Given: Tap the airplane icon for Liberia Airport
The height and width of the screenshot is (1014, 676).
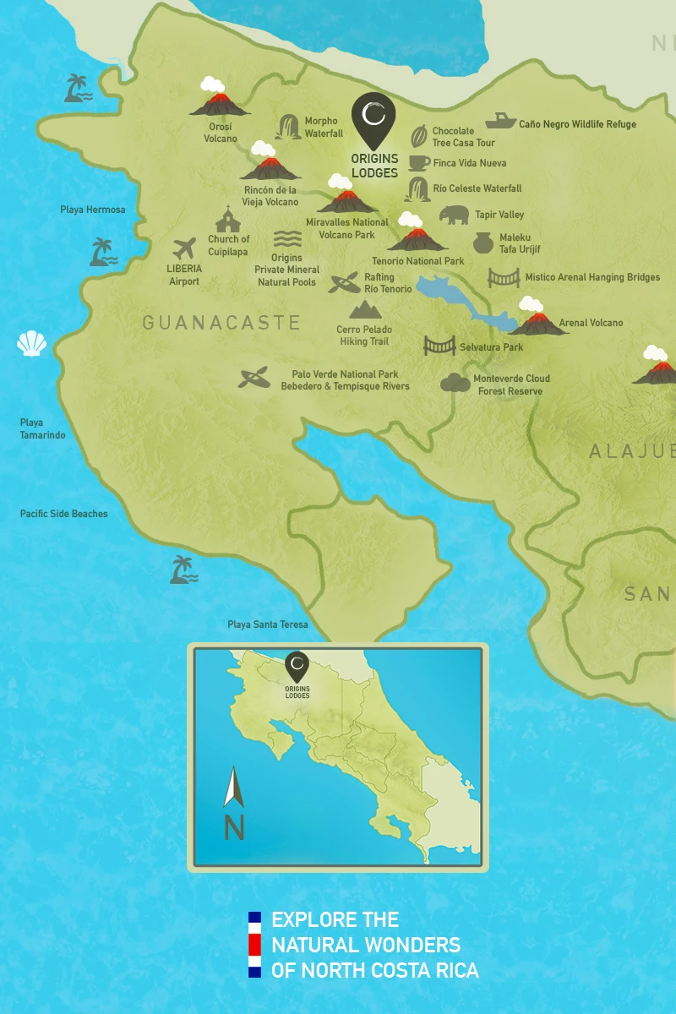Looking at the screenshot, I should (183, 249).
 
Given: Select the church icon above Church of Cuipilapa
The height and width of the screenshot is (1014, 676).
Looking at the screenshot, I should (227, 220).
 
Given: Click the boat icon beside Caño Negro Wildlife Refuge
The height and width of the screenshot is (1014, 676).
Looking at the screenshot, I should (500, 121).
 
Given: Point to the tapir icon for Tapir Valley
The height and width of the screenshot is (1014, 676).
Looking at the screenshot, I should (454, 215).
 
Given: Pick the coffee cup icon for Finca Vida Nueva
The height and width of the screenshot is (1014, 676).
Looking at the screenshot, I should (419, 162).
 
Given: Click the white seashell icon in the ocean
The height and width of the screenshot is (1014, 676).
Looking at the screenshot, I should (31, 343).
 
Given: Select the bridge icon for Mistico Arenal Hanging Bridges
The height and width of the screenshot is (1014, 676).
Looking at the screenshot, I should (504, 277).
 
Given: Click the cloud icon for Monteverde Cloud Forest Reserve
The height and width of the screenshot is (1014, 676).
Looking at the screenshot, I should (455, 383).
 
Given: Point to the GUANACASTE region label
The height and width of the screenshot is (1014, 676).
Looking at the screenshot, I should (221, 322).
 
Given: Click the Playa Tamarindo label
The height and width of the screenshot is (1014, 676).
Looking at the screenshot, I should (42, 429).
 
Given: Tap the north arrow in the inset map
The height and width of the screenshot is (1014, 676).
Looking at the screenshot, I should (233, 788).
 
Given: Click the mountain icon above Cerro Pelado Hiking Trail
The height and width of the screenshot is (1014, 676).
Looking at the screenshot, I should (365, 309).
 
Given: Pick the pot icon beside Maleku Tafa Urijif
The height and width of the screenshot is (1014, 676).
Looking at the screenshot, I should (482, 243).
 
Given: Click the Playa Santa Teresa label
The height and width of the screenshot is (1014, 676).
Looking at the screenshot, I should (267, 624).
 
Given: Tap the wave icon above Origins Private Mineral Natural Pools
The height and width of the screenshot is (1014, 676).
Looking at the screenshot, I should (287, 239).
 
